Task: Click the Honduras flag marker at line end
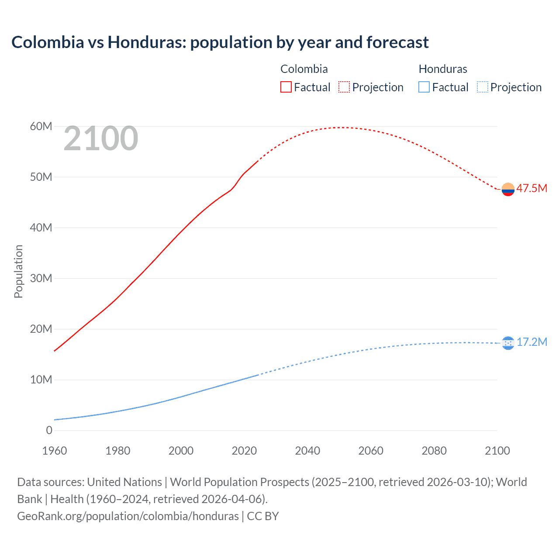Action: point(508,343)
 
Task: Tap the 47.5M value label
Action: point(531,188)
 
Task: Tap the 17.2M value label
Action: point(531,342)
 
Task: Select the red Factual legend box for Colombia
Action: point(286,87)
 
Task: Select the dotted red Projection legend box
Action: point(344,87)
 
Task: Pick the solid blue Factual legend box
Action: point(424,87)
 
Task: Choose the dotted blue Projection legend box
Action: point(482,87)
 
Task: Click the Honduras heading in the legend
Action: point(442,69)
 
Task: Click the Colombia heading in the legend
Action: point(304,69)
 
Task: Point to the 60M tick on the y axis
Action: point(41,126)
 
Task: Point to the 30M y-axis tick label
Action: point(41,278)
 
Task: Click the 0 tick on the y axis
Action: point(49,430)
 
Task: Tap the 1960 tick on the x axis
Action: point(55,451)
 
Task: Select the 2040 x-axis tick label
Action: point(307,451)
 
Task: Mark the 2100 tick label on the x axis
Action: point(497,451)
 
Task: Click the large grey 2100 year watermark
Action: point(101,138)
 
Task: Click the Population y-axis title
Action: point(18,271)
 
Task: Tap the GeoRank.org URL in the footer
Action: point(128,516)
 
